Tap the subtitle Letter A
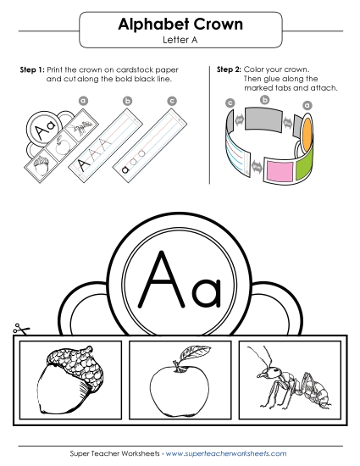pos(180,41)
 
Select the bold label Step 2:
pos(229,68)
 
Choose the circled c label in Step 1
pos(172,102)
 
